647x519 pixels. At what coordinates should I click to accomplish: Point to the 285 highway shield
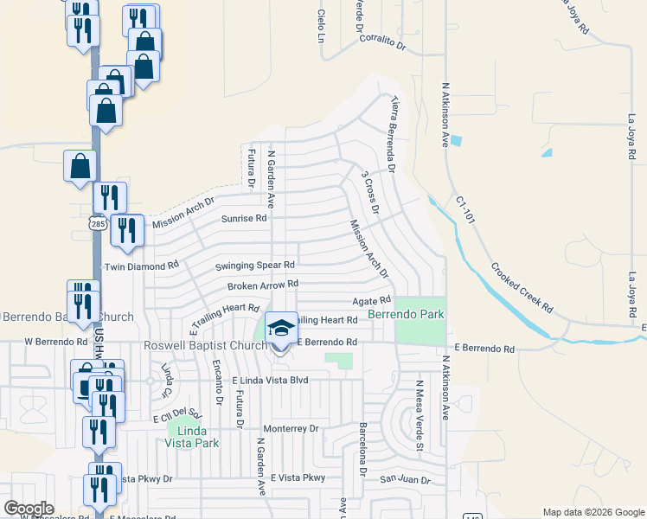pyautogui.click(x=93, y=223)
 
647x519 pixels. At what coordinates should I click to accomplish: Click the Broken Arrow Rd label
pyautogui.click(x=263, y=284)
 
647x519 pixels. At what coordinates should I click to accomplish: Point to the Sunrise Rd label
pyautogui.click(x=243, y=219)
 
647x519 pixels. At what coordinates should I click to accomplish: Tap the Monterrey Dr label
pyautogui.click(x=291, y=428)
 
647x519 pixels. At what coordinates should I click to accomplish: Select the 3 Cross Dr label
pyautogui.click(x=371, y=192)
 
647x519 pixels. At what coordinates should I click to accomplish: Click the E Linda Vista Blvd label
pyautogui.click(x=270, y=381)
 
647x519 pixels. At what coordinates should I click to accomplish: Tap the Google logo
pyautogui.click(x=29, y=508)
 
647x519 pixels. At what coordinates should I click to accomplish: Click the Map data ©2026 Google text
pyautogui.click(x=593, y=512)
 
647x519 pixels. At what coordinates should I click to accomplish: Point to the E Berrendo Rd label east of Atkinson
pyautogui.click(x=483, y=349)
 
